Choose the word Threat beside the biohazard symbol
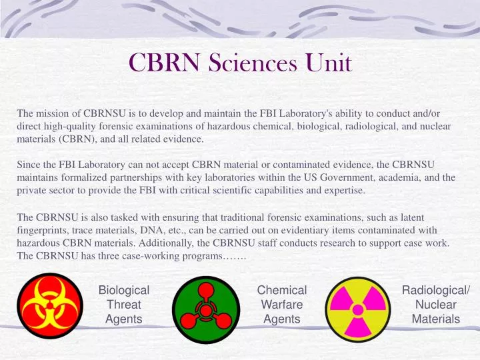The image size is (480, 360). [123, 305]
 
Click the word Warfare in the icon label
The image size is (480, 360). [281, 305]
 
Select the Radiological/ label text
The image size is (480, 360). [436, 290]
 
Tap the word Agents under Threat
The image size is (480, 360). [123, 319]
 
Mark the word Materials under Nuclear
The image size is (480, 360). [436, 319]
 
